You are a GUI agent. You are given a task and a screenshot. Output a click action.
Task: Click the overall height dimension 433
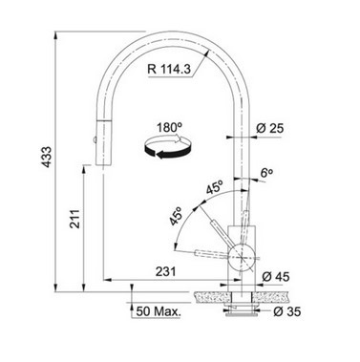click(47, 157)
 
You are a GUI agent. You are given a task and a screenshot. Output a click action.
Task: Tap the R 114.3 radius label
click(169, 69)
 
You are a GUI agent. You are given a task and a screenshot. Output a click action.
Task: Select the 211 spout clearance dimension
click(75, 219)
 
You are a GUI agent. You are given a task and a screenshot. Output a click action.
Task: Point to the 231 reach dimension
click(165, 271)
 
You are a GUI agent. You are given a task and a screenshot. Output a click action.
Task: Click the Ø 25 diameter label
click(270, 128)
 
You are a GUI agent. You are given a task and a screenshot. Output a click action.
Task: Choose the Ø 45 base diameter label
click(276, 277)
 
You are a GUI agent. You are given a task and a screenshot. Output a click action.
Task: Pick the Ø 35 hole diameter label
click(286, 311)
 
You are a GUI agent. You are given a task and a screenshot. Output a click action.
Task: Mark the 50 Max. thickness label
click(159, 311)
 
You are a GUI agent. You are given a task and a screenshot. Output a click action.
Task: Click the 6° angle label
click(266, 173)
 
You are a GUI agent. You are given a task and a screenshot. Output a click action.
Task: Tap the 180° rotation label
click(169, 127)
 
